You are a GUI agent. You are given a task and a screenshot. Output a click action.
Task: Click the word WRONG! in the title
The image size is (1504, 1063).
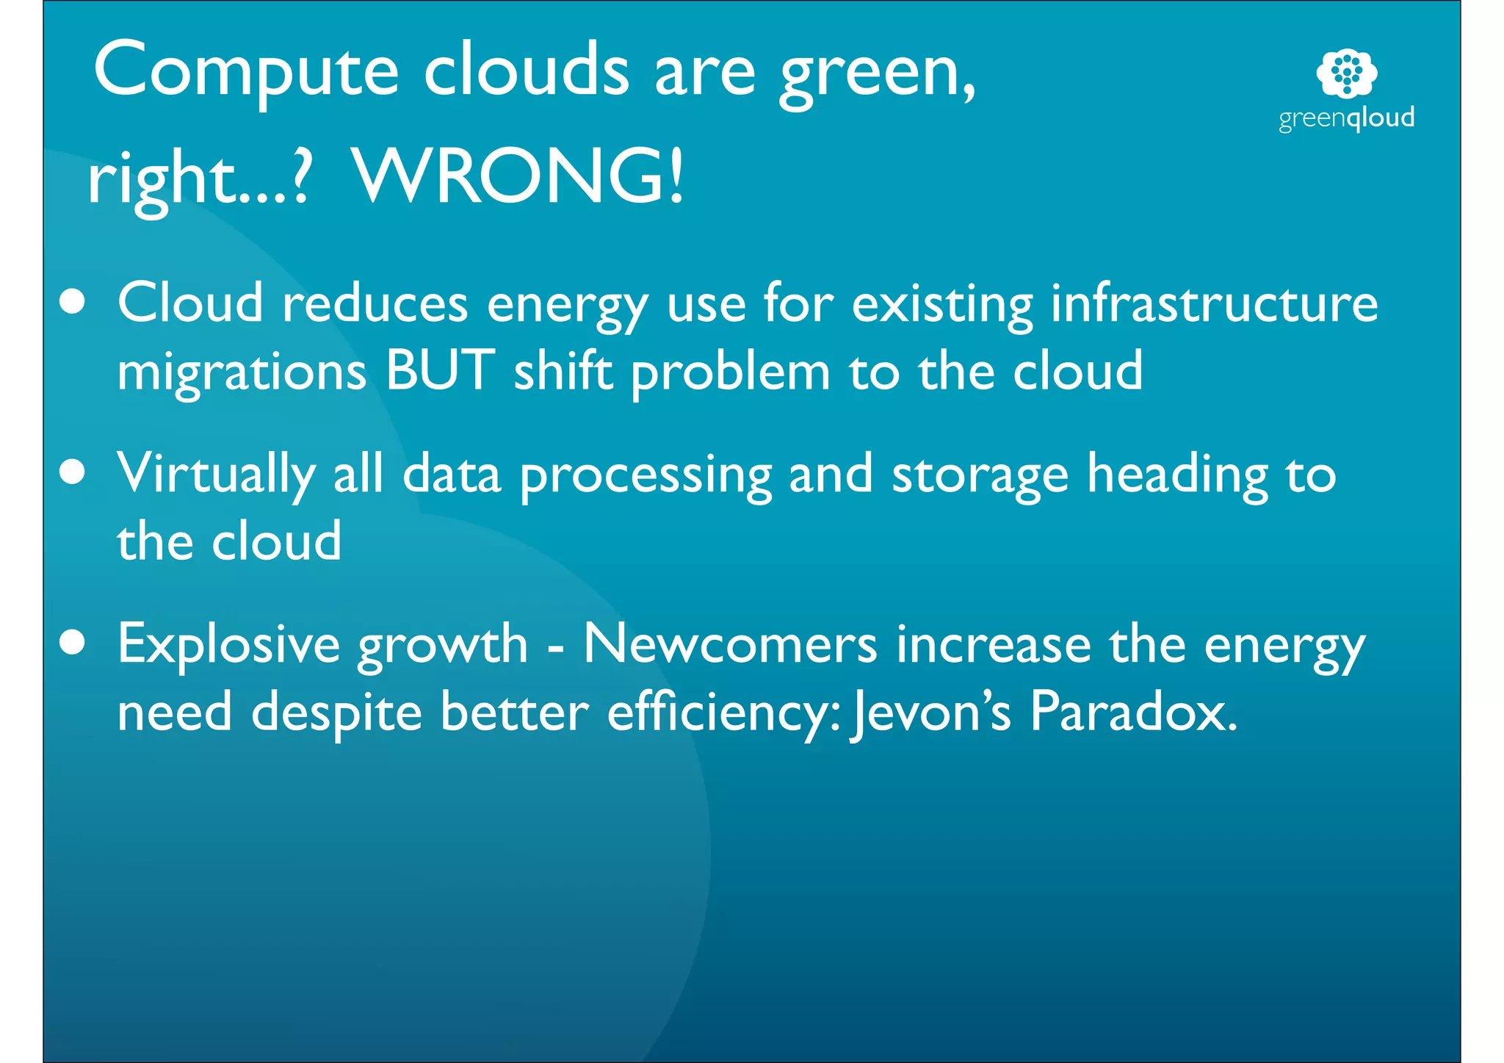(518, 176)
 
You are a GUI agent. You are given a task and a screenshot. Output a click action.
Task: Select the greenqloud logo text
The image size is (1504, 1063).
(1346, 118)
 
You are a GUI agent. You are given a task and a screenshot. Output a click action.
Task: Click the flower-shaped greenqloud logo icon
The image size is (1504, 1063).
(1346, 73)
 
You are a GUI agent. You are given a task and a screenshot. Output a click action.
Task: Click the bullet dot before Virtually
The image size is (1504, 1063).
(72, 472)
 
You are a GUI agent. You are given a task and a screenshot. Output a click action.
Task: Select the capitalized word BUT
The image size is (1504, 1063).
(440, 370)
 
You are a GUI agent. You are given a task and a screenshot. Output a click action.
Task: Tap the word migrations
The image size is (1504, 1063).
(242, 372)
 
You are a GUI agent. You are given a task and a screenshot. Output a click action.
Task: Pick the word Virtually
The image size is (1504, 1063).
(216, 474)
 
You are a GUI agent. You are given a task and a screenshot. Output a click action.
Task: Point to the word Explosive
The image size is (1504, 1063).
(228, 644)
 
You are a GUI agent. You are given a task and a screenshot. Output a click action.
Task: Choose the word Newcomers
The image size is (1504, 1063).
(730, 644)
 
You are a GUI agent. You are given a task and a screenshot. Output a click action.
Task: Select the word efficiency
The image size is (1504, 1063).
(724, 713)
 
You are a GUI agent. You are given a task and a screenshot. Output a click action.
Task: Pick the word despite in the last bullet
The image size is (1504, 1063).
(336, 713)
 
